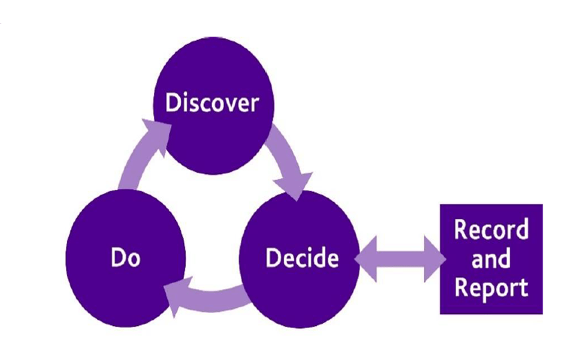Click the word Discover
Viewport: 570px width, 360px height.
(211, 104)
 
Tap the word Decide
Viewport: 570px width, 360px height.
(302, 258)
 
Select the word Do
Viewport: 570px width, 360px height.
(125, 258)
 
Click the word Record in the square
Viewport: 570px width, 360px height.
(491, 230)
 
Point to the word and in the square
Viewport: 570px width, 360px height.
(491, 258)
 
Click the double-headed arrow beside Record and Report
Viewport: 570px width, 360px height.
(399, 258)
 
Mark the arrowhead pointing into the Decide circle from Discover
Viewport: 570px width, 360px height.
(297, 183)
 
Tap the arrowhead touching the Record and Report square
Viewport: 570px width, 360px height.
(434, 258)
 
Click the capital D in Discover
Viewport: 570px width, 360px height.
(173, 104)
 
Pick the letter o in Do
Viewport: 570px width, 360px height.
(135, 260)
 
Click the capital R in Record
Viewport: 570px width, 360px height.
(462, 230)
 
